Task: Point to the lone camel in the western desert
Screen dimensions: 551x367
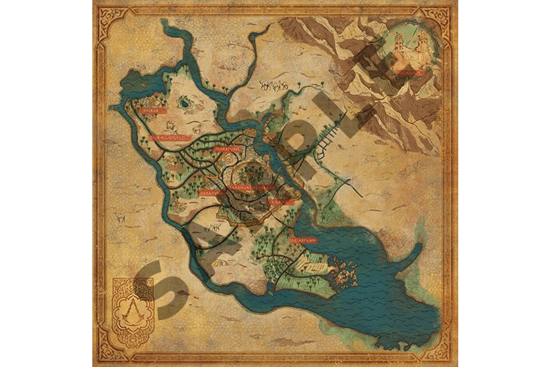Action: tap(120, 217)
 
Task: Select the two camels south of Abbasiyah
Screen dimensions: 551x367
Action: tap(212, 228)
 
